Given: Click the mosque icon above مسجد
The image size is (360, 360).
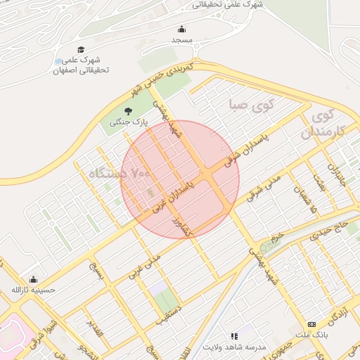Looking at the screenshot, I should tap(182, 29).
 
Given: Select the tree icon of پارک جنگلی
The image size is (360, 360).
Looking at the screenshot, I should tap(128, 111).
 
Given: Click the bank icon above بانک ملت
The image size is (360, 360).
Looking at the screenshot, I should tap(311, 324).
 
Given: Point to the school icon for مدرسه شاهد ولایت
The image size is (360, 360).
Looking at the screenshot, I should tap(234, 337).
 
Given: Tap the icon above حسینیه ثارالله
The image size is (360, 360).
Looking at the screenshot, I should tap(33, 279).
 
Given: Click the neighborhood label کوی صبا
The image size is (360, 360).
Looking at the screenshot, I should tap(250, 106).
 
